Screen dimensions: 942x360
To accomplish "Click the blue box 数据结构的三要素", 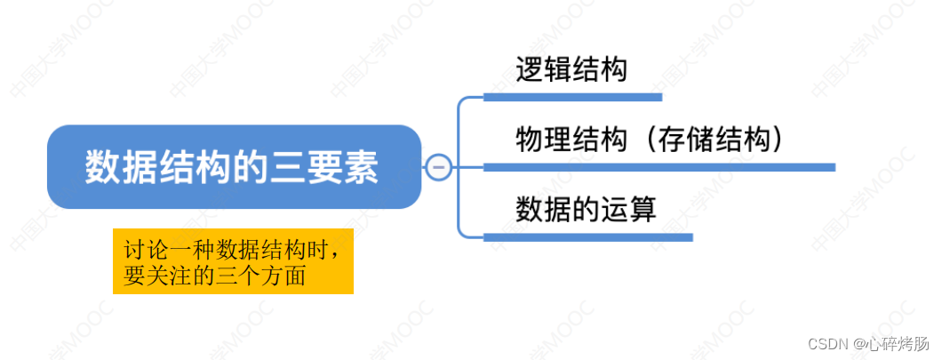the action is pyautogui.click(x=233, y=167).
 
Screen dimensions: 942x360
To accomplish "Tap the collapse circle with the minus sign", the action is pyautogui.click(x=438, y=167).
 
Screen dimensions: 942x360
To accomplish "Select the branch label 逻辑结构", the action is pyautogui.click(x=571, y=69).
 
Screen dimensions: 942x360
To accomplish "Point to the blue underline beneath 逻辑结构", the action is pyautogui.click(x=572, y=96).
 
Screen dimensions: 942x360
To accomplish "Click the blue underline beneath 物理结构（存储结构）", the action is pyautogui.click(x=659, y=166).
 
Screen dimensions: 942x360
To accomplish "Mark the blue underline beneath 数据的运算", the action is pyautogui.click(x=587, y=236).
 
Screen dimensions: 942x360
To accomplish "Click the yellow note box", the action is pyautogui.click(x=233, y=262).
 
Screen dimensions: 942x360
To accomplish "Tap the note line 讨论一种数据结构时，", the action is pyautogui.click(x=233, y=250).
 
